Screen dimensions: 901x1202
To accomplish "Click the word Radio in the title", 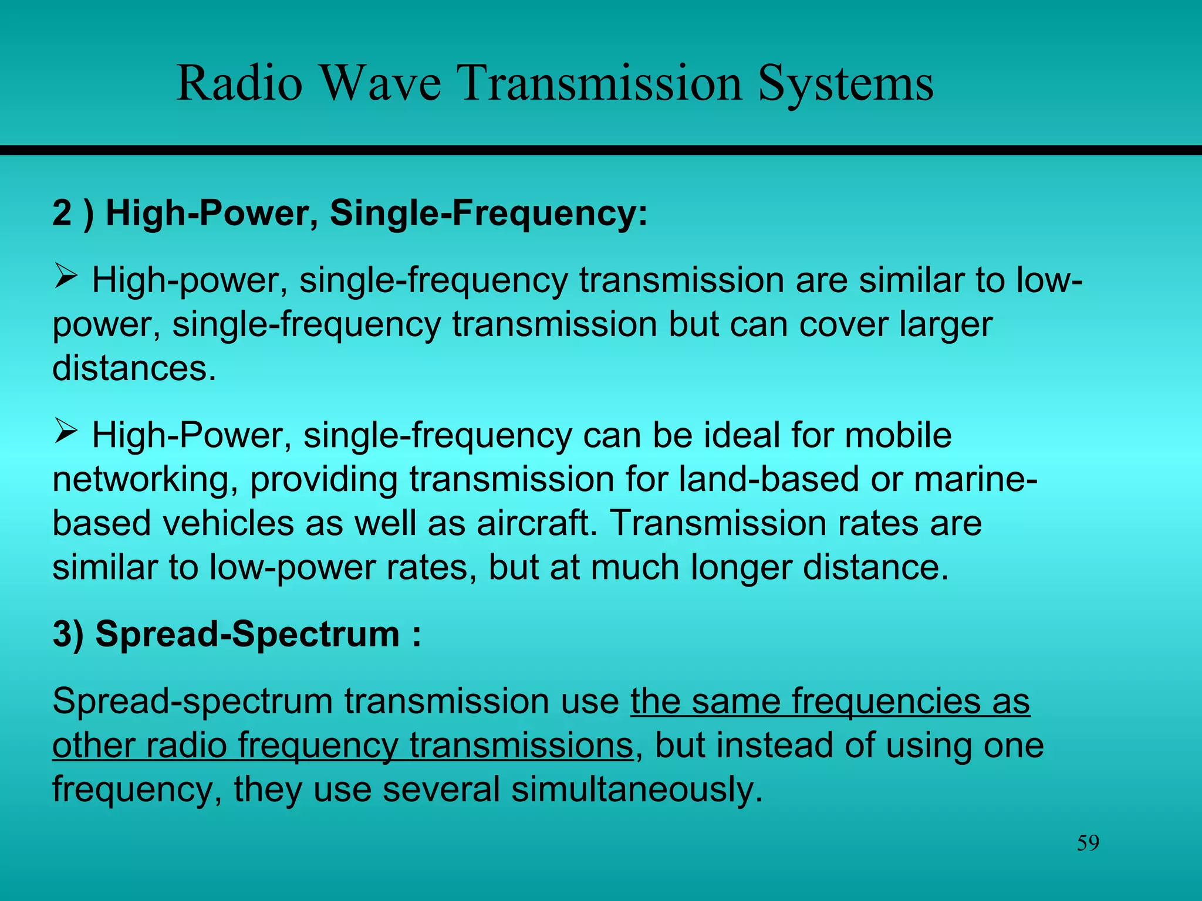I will (x=239, y=83).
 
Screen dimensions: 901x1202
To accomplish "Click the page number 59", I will (x=1088, y=844).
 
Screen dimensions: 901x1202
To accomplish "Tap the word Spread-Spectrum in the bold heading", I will (x=247, y=634).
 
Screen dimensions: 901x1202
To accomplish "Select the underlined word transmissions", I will (x=521, y=745).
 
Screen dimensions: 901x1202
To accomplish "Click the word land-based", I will (x=769, y=479).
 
